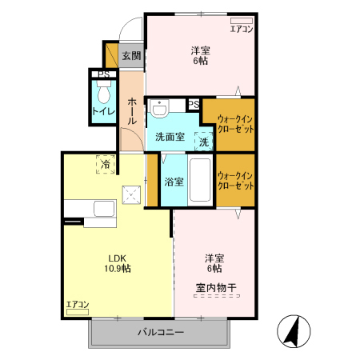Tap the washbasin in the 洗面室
coord(159,108)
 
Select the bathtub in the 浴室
coord(200,180)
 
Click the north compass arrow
coord(291,330)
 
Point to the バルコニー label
coord(161,332)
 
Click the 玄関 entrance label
coord(131,56)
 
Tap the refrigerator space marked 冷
coord(106,164)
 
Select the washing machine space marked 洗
coord(204,142)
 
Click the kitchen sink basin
coord(104,209)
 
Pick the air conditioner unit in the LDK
coord(78,312)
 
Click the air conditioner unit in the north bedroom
coord(242,21)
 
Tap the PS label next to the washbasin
coord(194,104)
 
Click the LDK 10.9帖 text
coord(118,263)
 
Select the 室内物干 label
coord(216,288)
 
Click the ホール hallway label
coord(132,111)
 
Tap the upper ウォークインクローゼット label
coord(235,124)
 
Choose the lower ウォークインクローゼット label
coord(235,181)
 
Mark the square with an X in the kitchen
coord(131,195)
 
